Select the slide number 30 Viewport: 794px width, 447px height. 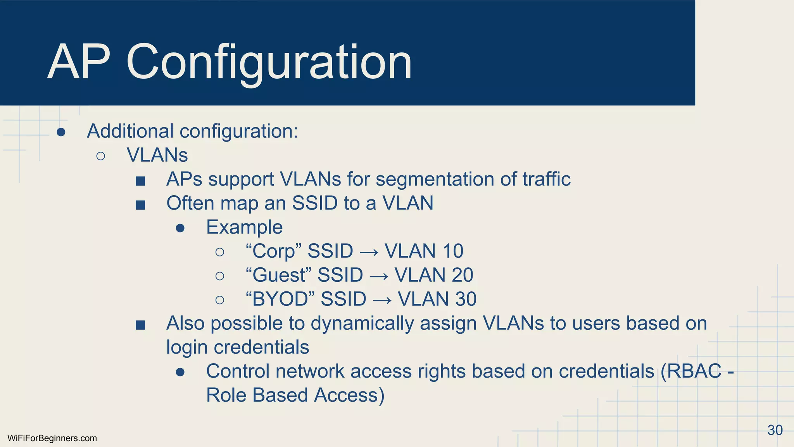[775, 430]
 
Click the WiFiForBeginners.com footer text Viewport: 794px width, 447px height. [52, 438]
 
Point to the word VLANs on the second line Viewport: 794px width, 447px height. [157, 155]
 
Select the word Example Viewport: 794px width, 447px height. [244, 227]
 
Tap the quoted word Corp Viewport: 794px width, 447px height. [274, 251]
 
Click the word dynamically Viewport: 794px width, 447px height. [362, 324]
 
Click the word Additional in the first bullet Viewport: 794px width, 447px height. [130, 131]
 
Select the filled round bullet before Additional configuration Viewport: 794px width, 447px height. [61, 132]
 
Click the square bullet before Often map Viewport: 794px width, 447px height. [140, 204]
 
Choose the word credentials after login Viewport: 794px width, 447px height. [261, 347]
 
